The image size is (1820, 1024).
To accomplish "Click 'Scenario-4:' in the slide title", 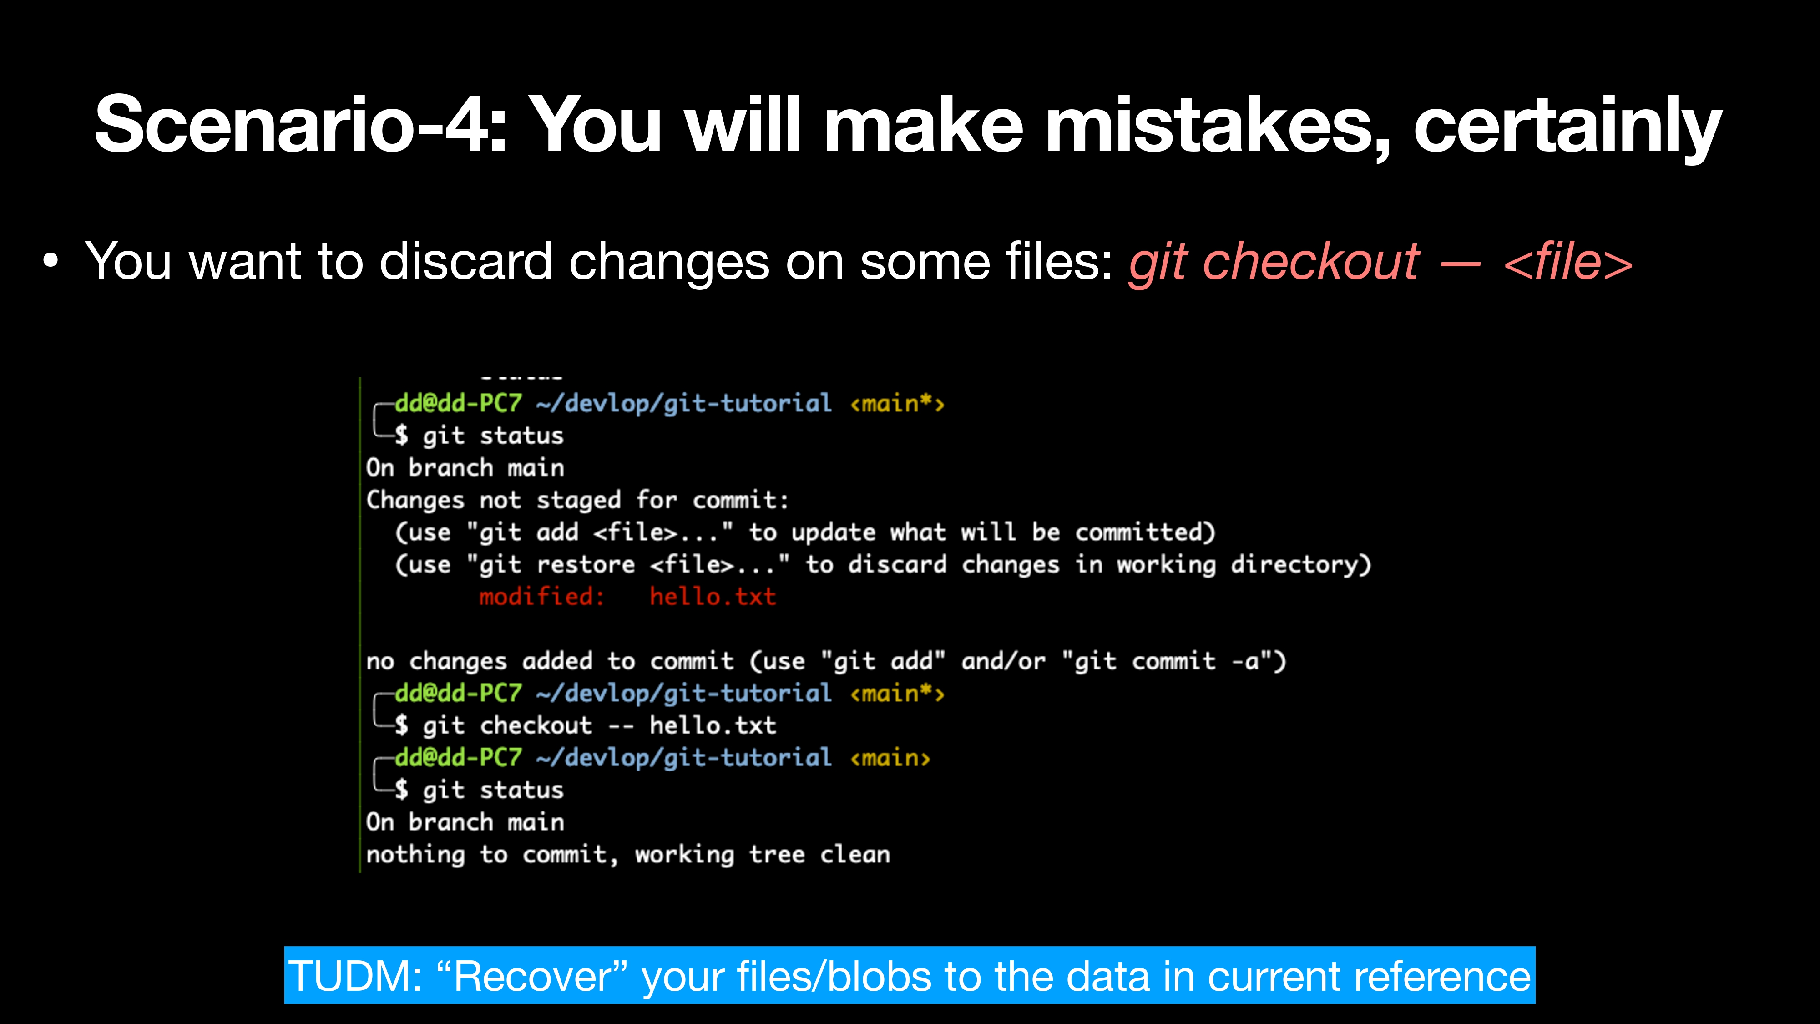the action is [301, 125].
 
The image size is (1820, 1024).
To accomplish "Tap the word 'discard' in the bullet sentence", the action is [465, 262].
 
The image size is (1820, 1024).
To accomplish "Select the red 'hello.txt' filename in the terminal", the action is [713, 597].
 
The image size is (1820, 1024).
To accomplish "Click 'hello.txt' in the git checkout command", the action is [713, 725].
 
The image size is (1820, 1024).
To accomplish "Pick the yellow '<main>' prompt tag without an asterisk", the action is [890, 758].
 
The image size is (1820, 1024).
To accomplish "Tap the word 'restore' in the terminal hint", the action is [586, 564].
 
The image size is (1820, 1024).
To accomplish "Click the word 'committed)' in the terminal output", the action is [1145, 532].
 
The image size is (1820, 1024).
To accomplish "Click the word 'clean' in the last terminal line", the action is [855, 854].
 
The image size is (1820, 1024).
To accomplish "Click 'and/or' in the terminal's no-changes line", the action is [1003, 661].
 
